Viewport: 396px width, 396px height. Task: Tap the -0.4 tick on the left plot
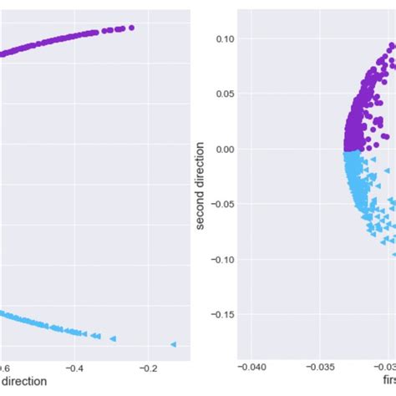[x=75, y=368]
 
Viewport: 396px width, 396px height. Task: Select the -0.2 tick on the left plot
[x=149, y=368]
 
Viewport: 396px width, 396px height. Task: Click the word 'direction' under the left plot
[x=23, y=382]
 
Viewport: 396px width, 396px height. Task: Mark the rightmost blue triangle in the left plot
[x=174, y=344]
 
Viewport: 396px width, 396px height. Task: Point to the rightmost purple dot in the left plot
[x=131, y=28]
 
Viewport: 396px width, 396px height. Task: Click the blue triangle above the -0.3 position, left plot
[x=112, y=338]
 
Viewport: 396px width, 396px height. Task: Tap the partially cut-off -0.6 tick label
[x=5, y=368]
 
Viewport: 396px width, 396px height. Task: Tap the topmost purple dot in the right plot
[x=393, y=44]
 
